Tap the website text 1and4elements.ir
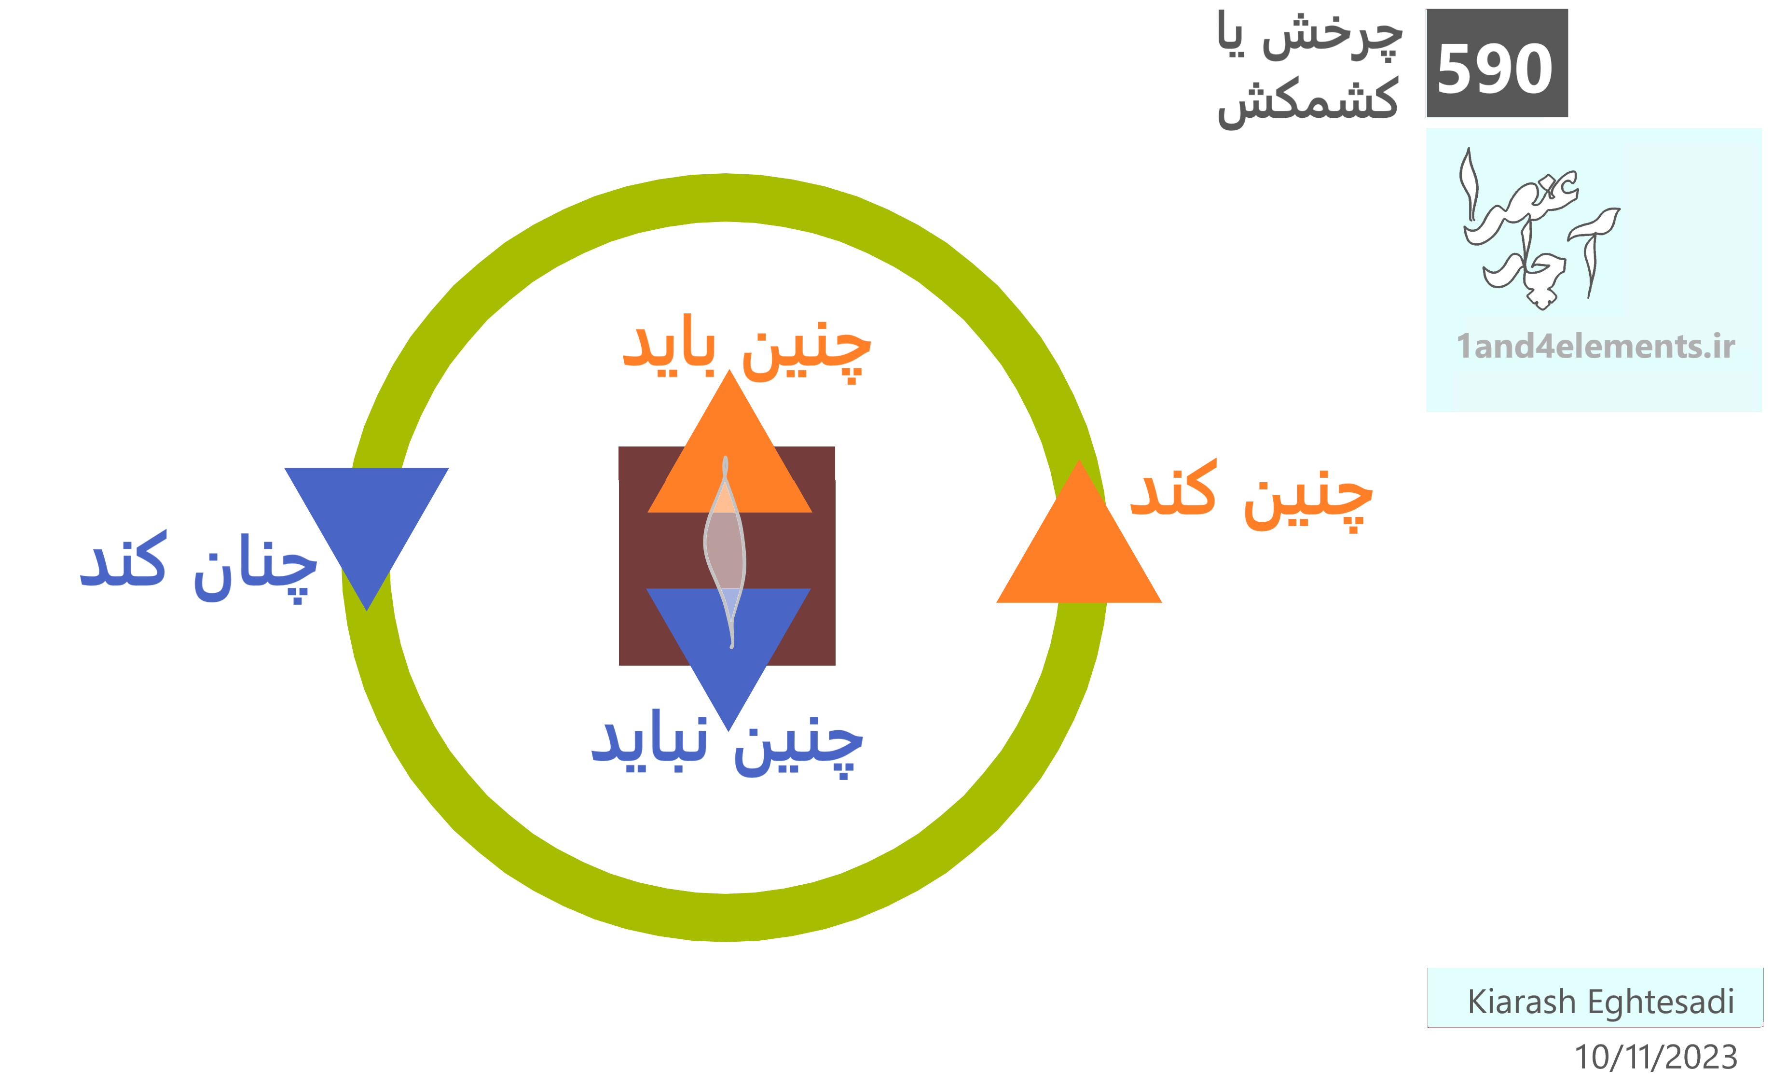[x=1595, y=346]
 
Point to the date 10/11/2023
[x=1656, y=1057]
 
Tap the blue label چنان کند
[x=199, y=567]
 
